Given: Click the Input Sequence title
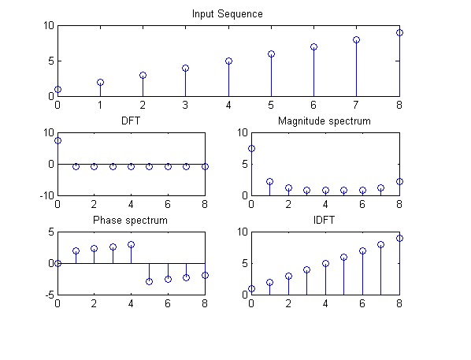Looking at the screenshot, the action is click(x=228, y=14).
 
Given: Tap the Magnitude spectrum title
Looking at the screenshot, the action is click(x=325, y=121).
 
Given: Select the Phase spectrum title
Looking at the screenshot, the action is click(x=130, y=221).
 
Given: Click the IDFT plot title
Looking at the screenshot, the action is click(x=324, y=220).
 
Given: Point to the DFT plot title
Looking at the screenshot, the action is click(x=131, y=121).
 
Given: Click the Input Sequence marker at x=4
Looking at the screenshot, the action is click(x=228, y=61).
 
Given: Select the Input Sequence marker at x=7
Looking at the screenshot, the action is click(x=356, y=39).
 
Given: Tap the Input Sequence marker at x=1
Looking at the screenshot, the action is click(x=100, y=83).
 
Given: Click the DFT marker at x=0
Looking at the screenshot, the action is click(x=58, y=140).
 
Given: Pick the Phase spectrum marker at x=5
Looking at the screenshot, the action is click(x=150, y=281).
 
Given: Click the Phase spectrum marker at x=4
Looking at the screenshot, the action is click(x=131, y=245).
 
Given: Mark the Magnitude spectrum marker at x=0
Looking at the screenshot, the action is click(x=252, y=148).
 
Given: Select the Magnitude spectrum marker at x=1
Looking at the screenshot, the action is click(x=269, y=181).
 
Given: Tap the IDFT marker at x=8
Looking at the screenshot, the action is click(x=399, y=239).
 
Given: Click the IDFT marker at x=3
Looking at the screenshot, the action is click(x=306, y=270).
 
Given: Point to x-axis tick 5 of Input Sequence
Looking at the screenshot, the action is click(x=271, y=105).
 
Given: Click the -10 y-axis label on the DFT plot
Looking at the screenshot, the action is click(x=46, y=195).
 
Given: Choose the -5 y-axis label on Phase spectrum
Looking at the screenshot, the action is click(x=50, y=295).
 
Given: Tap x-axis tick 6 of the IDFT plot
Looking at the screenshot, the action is click(x=362, y=303).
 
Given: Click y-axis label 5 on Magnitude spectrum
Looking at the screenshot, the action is click(x=245, y=165).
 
